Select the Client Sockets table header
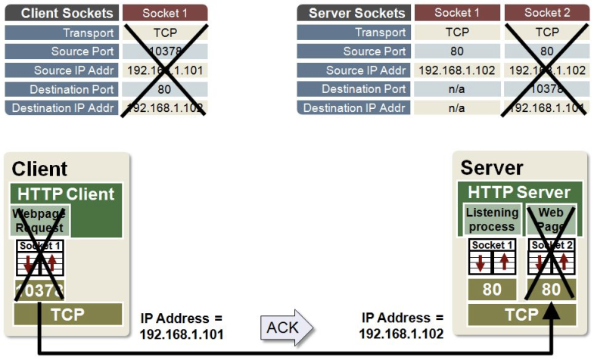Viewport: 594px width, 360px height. coord(61,13)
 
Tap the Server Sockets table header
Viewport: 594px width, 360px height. coord(353,13)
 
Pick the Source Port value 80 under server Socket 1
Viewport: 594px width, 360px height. coord(456,51)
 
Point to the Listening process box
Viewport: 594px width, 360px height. coord(492,219)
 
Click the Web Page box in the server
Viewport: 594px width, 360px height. coord(550,219)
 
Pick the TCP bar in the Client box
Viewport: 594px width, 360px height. coord(68,313)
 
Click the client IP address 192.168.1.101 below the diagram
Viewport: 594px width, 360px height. coord(182,333)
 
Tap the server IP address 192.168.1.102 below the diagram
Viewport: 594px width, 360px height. coord(401,333)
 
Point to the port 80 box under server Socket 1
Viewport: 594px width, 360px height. coord(492,290)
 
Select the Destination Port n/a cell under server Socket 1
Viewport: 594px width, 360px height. coord(456,89)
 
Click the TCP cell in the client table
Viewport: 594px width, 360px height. coord(164,33)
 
